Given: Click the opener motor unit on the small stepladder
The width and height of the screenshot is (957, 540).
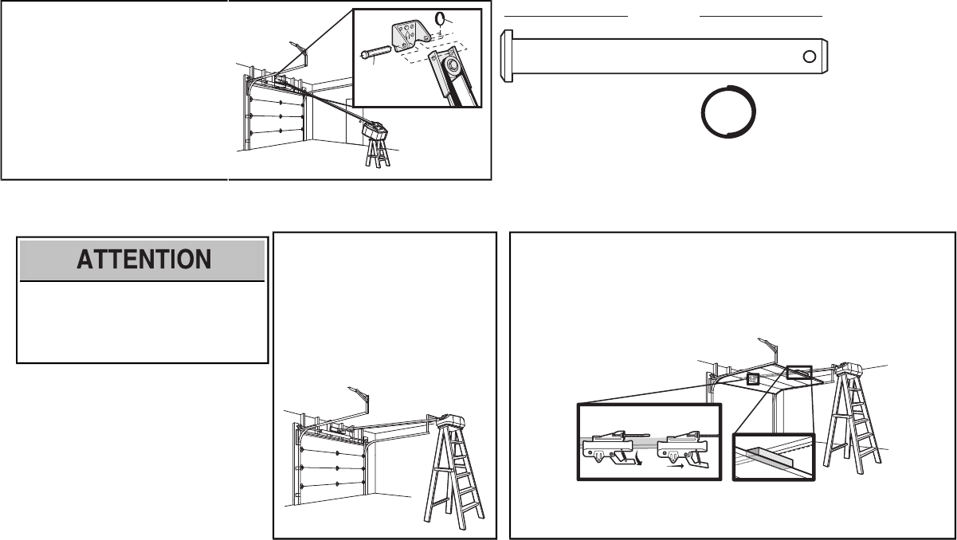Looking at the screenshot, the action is point(375,127).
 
